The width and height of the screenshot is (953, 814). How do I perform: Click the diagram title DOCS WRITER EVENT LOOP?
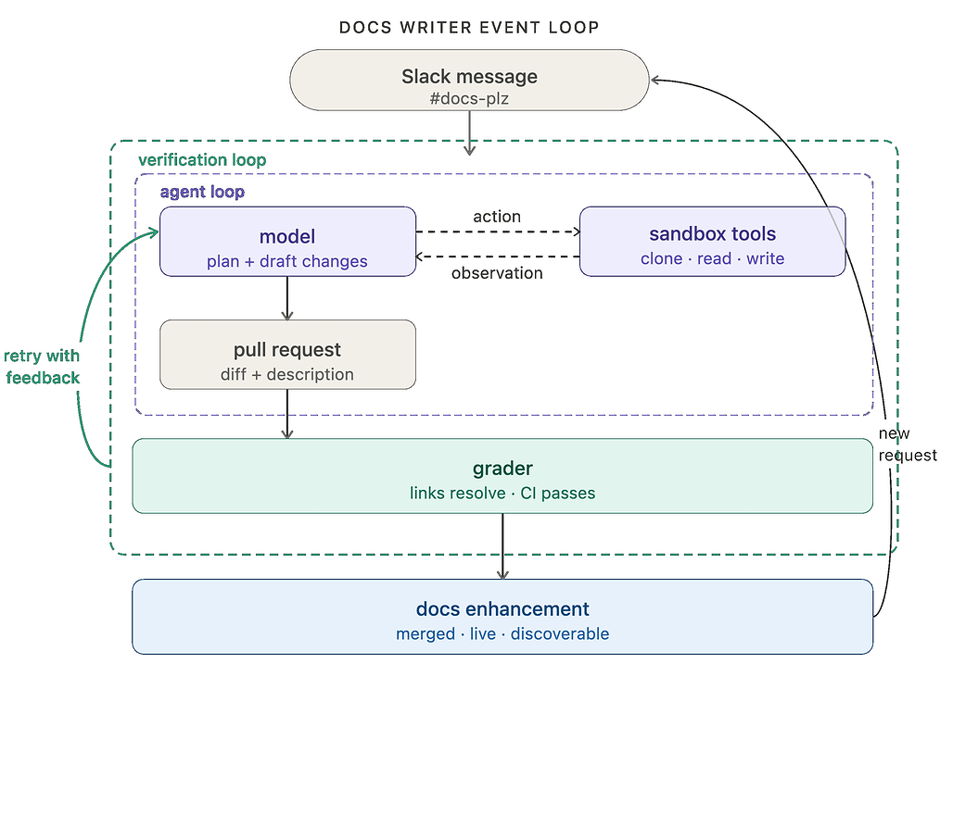pos(469,28)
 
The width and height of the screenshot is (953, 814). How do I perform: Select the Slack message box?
pos(469,81)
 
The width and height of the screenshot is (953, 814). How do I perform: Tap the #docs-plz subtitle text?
pos(469,99)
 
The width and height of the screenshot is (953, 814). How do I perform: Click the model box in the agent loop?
pos(287,242)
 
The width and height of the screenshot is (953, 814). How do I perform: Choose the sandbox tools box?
pos(712,242)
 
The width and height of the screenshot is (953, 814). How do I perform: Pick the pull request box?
pos(287,355)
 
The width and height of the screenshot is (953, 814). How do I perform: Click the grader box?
pos(502,476)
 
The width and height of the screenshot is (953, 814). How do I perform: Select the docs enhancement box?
pos(502,617)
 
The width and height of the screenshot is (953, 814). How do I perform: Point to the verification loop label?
pos(202,160)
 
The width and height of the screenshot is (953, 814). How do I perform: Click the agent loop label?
pos(202,192)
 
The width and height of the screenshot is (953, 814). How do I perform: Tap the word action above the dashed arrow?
pos(497,217)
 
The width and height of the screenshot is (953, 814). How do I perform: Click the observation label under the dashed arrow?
pos(497,273)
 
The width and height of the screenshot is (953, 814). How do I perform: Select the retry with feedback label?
pos(42,367)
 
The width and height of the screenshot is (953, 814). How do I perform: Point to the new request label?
pos(908,445)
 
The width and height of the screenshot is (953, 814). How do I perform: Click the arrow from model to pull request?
pos(287,298)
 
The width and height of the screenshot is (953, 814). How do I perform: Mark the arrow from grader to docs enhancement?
pos(502,546)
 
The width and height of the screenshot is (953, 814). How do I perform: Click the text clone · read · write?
pos(712,258)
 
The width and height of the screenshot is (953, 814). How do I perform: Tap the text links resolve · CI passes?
pos(502,493)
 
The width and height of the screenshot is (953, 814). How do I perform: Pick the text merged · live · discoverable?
pos(502,633)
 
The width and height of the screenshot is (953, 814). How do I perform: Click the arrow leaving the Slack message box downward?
pos(469,133)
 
